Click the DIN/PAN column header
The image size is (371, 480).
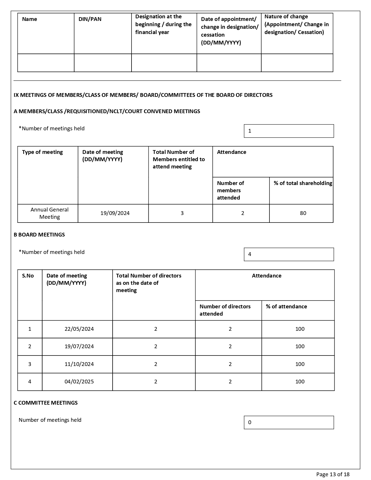[90, 19]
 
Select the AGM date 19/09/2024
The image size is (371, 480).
[115, 213]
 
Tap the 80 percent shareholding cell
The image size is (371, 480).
[303, 213]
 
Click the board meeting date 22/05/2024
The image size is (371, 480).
[79, 329]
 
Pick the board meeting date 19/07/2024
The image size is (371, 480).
[79, 346]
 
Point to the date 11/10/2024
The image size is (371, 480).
[79, 364]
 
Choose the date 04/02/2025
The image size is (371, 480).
[79, 382]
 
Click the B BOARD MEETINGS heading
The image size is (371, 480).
[39, 235]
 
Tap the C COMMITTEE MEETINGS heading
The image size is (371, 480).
[46, 403]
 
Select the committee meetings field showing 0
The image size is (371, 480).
[289, 422]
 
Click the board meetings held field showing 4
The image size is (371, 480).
[289, 254]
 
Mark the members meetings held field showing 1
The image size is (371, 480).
[289, 131]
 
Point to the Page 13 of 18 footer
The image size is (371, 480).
[333, 474]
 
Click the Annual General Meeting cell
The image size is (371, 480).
[49, 213]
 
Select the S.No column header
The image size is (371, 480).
[28, 276]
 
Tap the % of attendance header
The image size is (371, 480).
[286, 307]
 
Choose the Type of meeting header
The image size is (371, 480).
[42, 152]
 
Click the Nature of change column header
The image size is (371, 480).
[296, 24]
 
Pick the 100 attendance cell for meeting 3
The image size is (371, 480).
[300, 364]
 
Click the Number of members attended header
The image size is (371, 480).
[230, 191]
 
